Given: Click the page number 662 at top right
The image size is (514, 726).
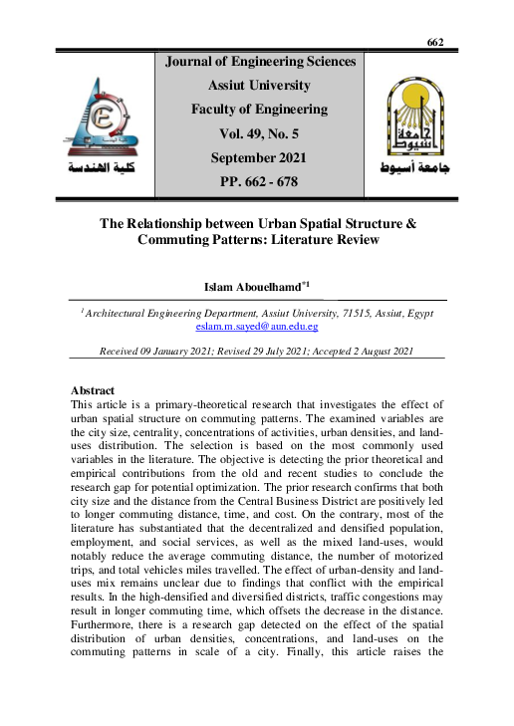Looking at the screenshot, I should click(x=434, y=42).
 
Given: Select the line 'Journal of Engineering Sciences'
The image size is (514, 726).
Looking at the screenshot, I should click(x=259, y=62).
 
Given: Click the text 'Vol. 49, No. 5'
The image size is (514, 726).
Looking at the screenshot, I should click(x=259, y=133).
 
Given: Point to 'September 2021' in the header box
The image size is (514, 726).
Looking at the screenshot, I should click(x=259, y=157).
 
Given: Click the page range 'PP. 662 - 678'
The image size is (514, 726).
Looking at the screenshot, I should click(x=259, y=181).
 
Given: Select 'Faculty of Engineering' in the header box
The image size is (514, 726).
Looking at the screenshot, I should click(x=259, y=110).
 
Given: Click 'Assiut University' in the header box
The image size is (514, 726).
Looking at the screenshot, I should click(x=259, y=86).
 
